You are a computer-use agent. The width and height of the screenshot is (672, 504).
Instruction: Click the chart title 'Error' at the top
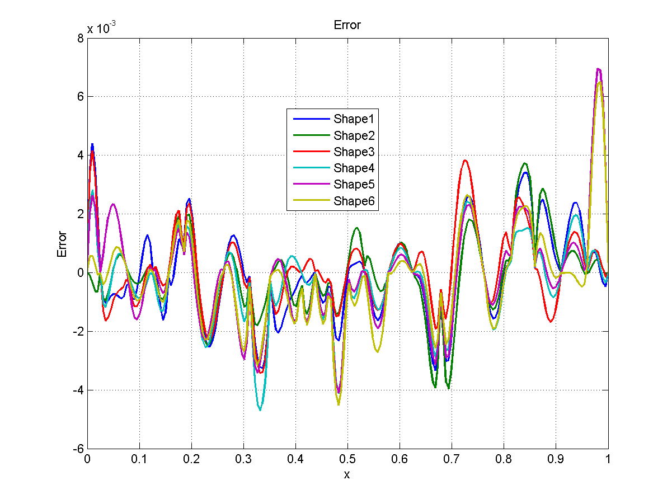pos(347,25)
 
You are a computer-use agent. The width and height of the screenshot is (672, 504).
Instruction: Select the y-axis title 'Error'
pos(62,244)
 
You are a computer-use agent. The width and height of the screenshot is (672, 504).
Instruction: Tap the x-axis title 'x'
pos(347,475)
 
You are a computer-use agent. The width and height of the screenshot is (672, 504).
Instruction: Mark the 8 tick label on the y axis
pos(81,38)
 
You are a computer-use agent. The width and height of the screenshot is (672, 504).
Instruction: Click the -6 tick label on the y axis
pos(78,449)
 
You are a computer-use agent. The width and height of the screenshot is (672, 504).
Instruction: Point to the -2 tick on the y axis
pos(78,331)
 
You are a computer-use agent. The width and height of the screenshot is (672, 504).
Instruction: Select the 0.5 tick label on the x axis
pos(347,458)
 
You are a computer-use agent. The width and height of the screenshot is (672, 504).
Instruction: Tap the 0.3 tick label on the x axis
pos(243,458)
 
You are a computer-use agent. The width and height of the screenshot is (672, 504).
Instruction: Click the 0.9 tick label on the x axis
pos(556,458)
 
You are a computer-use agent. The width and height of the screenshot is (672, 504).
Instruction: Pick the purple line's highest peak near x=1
pos(599,69)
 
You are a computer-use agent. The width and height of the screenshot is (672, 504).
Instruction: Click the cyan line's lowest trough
pos(260,410)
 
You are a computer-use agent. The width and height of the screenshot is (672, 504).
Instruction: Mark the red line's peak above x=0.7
pos(464,161)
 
